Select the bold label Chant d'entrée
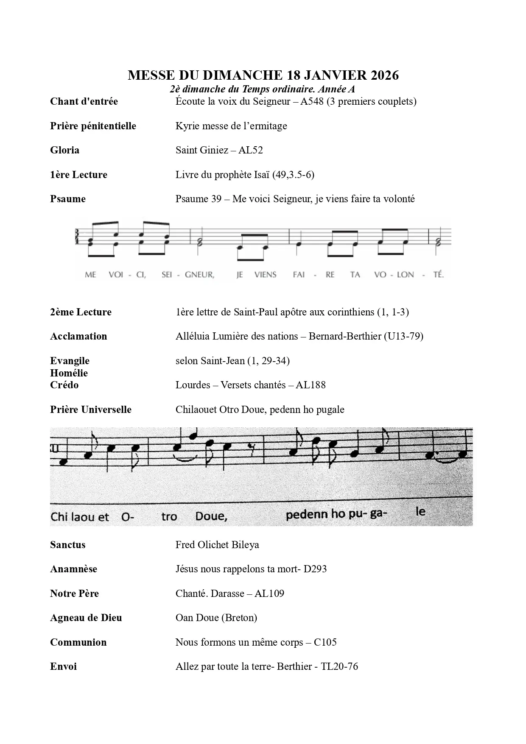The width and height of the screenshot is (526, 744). tap(84, 102)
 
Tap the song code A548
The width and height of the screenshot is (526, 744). tap(312, 102)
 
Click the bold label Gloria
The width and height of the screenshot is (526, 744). tap(64, 150)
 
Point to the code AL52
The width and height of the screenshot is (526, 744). tap(251, 150)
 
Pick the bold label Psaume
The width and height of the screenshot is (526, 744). tap(68, 199)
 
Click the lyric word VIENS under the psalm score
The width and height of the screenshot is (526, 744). tap(265, 275)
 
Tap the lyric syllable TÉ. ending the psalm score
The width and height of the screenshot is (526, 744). tap(438, 275)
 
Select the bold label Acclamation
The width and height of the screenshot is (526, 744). tap(78, 337)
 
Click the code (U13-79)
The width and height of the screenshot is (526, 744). tap(403, 337)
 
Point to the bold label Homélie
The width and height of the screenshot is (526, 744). tap(69, 373)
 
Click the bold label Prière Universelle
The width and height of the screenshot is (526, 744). tap(91, 410)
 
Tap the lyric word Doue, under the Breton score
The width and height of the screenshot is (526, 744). tap(211, 516)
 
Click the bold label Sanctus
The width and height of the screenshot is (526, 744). tap(67, 545)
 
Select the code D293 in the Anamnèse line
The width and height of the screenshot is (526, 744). tap(315, 569)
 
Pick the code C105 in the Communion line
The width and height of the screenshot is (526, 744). tap(325, 642)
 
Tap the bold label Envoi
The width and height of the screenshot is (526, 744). tap(63, 666)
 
